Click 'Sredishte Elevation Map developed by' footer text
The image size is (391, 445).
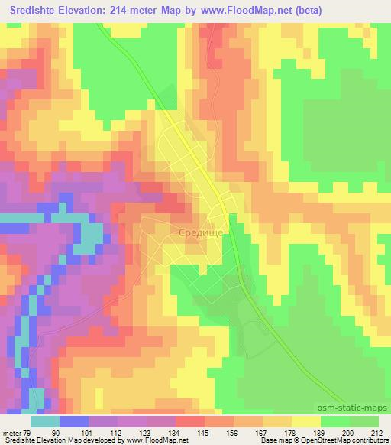pyautogui.click(x=51, y=440)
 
